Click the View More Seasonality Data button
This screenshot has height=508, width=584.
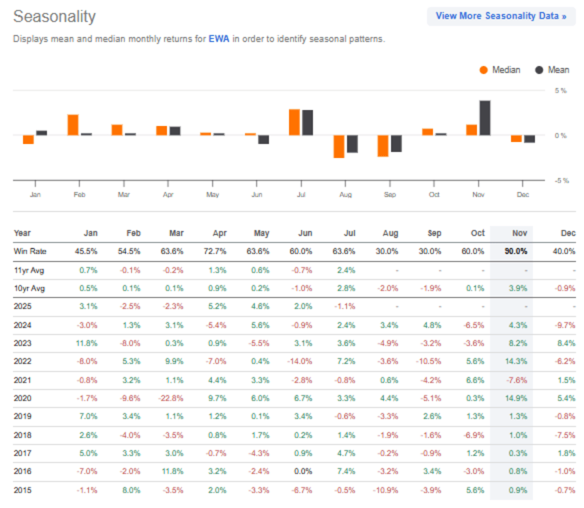pos(501,16)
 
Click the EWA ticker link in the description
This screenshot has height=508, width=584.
pos(219,39)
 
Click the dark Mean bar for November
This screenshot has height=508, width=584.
pos(485,118)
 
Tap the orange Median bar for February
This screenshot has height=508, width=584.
pos(73,125)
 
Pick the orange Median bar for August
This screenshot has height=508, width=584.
pos(339,146)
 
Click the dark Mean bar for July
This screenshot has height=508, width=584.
pos(307,123)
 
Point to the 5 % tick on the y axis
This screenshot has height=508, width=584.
pos(561,91)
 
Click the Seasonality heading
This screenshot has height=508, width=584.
pos(55,17)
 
